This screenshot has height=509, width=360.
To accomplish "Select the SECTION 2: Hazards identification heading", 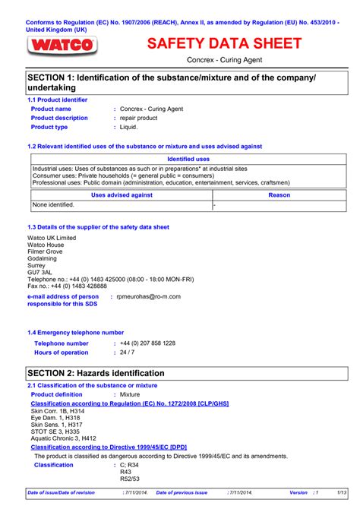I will click(x=96, y=373).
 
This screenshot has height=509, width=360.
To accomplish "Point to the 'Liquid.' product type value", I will click(x=129, y=127).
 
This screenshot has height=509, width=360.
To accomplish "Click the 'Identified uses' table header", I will click(x=188, y=159).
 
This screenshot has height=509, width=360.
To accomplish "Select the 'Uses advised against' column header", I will click(x=122, y=195).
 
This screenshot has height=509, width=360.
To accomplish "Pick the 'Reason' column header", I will click(x=279, y=195).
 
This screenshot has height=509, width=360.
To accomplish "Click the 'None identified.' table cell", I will click(x=53, y=205).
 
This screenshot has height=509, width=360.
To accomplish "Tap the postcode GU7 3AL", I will click(x=40, y=272).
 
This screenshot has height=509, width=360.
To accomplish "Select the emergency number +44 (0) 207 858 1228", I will click(x=148, y=343).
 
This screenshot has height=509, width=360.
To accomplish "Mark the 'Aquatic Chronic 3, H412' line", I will click(x=64, y=438).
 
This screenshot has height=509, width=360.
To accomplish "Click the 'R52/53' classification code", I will click(x=131, y=479).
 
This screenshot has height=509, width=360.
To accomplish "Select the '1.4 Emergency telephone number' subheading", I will click(x=75, y=332).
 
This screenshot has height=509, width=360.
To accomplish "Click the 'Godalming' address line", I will click(x=43, y=258).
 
